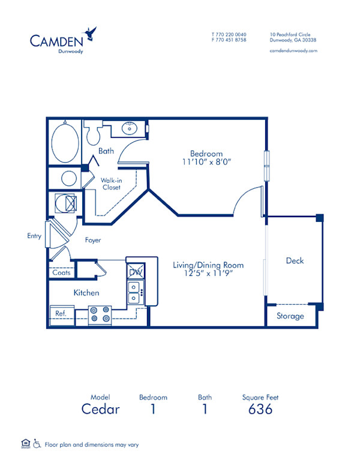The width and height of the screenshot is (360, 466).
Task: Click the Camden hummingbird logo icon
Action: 91,31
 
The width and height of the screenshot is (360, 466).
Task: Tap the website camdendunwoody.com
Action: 293,51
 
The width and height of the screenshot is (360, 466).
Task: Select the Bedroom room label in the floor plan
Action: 206,154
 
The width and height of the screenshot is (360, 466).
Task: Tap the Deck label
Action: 295,260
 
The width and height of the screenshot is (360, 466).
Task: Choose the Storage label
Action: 290,316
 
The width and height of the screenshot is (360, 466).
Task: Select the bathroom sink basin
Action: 129,128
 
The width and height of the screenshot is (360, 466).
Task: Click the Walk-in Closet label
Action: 110,184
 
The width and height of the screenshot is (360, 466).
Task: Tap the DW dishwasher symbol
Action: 134,271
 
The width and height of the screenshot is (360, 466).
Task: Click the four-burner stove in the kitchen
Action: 100,314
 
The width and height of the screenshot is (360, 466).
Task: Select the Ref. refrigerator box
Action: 61,314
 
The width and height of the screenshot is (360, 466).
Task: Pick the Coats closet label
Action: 61,273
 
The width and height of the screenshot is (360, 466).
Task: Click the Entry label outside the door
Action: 34,236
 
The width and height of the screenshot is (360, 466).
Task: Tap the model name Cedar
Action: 101,410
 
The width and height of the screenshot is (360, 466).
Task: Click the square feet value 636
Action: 260,410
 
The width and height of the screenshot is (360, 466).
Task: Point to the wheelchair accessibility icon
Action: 37,444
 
